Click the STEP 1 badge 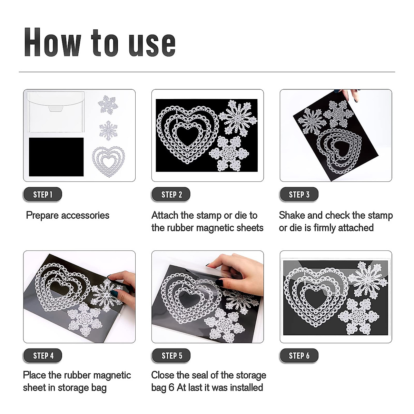tap(42, 195)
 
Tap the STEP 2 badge tap(171, 195)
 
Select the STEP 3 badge tap(299, 195)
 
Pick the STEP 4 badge tap(42, 356)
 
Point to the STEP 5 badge tap(171, 356)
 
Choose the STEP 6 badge tap(299, 356)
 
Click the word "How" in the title tap(53, 42)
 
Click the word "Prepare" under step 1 tap(42, 216)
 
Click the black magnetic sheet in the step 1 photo tap(56, 157)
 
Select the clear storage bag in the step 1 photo tap(56, 112)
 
